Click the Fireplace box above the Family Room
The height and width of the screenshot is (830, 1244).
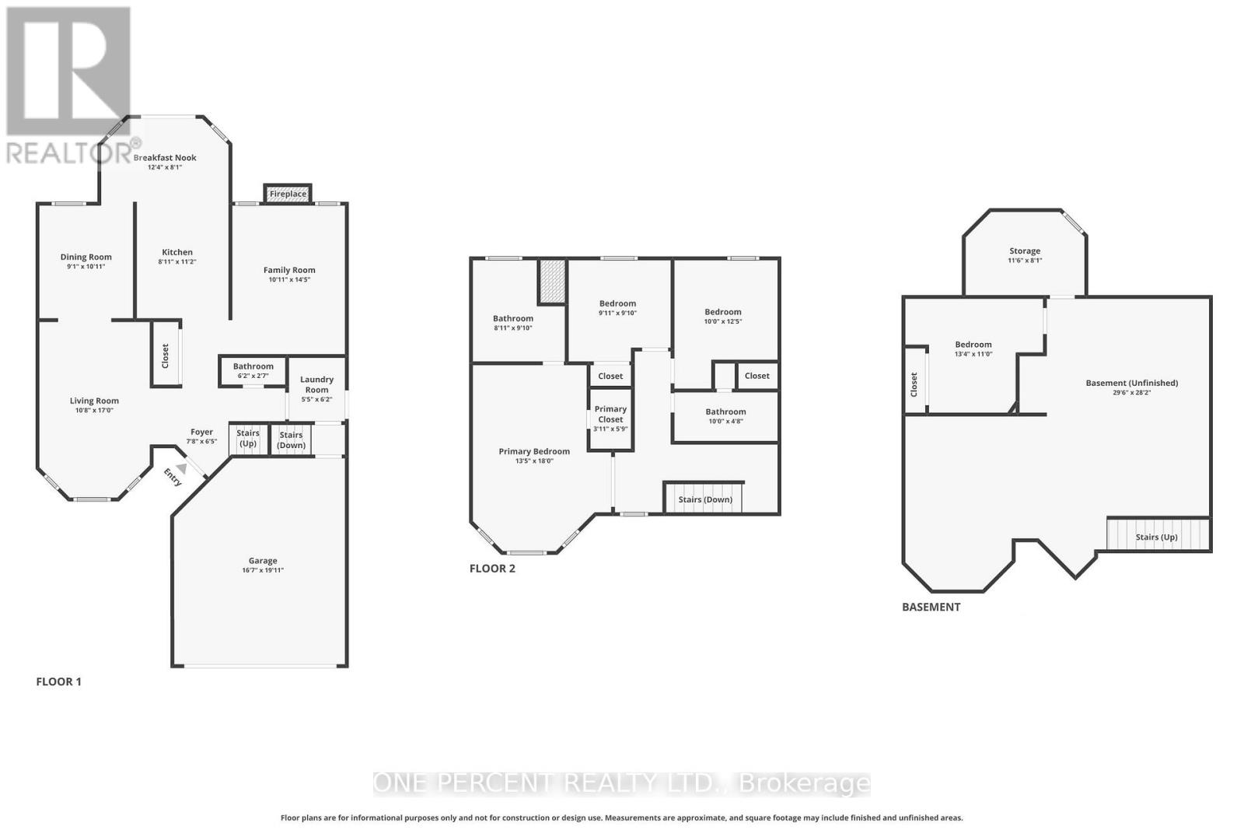coord(288,194)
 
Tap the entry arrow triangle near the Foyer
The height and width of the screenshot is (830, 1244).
coord(181,468)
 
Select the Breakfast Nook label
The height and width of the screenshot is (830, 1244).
coord(165,157)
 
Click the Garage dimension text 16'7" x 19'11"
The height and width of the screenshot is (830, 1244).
coord(263,570)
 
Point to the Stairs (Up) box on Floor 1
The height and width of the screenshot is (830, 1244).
coord(248,439)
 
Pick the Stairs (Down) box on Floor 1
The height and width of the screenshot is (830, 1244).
coord(291,440)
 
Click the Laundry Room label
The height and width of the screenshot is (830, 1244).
coord(316,384)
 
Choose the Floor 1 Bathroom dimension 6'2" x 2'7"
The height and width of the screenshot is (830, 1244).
coord(253,376)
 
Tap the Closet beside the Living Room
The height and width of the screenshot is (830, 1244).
coord(166,356)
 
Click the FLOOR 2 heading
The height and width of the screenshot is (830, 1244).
coord(492,568)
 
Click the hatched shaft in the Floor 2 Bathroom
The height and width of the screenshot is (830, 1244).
coord(552,282)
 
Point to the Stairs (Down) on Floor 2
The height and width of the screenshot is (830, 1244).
coord(704,499)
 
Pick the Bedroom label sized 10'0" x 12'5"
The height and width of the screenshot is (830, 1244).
coord(722,311)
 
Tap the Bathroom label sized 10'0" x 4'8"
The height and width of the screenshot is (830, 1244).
coord(725,411)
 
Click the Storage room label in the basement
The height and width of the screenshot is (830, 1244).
coord(1025,250)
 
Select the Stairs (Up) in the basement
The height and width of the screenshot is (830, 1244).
coord(1157,536)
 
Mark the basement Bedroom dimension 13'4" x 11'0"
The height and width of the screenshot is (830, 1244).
coord(973,354)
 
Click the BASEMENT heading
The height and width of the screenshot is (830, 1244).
coord(931,607)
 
